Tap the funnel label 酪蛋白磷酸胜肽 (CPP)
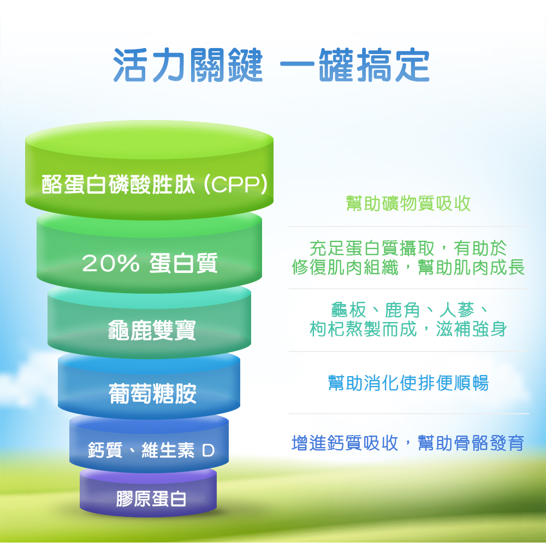click(x=155, y=184)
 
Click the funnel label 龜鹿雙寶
click(x=152, y=330)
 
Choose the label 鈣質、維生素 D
click(x=151, y=451)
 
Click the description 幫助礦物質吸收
click(x=408, y=204)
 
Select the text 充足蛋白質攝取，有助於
click(x=408, y=249)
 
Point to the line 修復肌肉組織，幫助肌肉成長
click(x=408, y=267)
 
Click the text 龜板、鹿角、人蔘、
click(x=408, y=310)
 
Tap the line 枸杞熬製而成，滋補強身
click(x=408, y=329)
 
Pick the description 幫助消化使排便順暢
click(x=408, y=383)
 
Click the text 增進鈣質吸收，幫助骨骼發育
click(x=408, y=443)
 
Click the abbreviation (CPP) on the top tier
click(x=235, y=185)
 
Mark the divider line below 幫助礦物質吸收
click(x=408, y=227)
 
